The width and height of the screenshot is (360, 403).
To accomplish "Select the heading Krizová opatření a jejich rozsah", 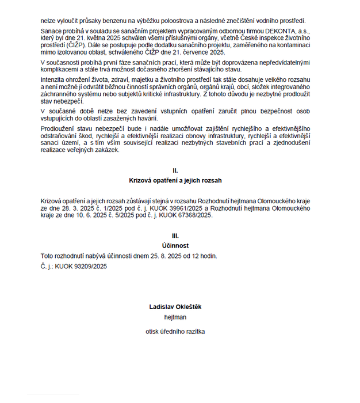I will (175, 180).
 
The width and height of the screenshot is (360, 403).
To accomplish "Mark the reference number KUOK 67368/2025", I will (183, 215).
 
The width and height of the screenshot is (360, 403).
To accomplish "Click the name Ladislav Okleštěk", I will (175, 307).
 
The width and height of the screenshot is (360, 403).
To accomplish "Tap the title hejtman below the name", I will (175, 317).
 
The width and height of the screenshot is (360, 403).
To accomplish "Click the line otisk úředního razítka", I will (175, 332).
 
